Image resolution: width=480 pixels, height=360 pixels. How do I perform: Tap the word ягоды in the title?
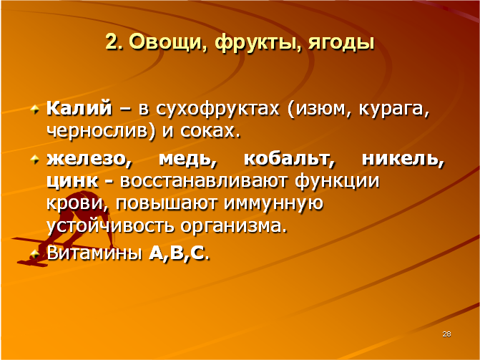[341, 43]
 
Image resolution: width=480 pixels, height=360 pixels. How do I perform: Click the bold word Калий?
[79, 108]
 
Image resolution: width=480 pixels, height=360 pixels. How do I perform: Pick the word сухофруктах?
[217, 110]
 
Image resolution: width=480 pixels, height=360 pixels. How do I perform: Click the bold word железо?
[89, 160]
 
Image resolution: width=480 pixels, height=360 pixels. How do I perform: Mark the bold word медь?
[187, 160]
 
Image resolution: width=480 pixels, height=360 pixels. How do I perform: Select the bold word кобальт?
[290, 160]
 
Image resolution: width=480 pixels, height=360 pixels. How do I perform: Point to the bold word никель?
[403, 160]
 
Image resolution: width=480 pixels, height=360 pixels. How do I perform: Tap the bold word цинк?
[72, 181]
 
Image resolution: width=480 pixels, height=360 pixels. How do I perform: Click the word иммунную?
[273, 204]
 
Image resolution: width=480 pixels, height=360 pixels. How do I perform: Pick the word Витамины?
[94, 253]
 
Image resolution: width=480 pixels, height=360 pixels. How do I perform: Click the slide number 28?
[446, 334]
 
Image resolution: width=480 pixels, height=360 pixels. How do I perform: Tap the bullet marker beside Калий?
[34, 109]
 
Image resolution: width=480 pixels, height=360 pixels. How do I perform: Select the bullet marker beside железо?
[34, 160]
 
